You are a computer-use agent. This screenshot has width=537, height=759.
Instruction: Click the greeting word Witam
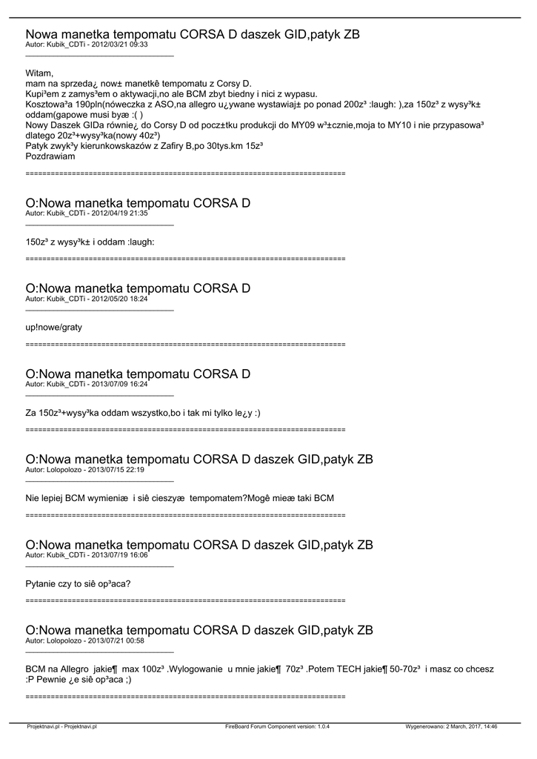(39, 73)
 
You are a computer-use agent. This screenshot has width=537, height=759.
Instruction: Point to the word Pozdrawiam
(50, 156)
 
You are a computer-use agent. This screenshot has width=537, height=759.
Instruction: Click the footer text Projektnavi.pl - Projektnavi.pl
(61, 727)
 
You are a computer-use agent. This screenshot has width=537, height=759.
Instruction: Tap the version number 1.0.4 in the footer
(320, 727)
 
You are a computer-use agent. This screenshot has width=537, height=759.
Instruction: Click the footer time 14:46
(489, 727)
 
